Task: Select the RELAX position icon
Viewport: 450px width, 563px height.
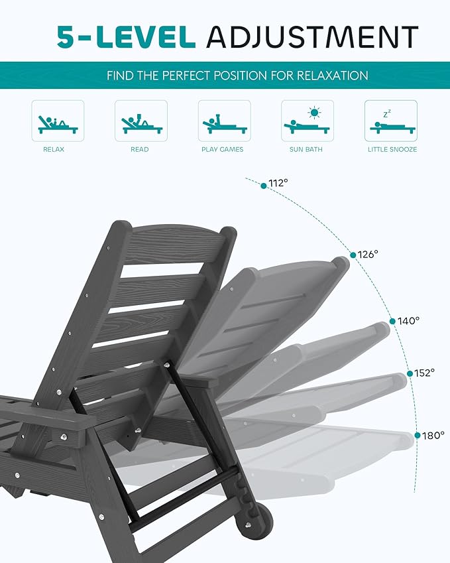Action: click(58, 121)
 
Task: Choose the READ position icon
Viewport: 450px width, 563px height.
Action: click(141, 121)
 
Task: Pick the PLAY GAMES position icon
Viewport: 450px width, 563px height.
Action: click(224, 121)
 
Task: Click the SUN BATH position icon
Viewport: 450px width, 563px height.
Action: click(307, 121)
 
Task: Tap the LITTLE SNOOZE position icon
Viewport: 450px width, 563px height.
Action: click(390, 121)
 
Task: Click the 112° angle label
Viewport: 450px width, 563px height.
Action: click(278, 184)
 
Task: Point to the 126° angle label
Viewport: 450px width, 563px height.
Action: click(368, 254)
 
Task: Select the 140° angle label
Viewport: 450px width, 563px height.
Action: click(409, 320)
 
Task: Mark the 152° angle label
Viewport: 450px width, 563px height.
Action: click(425, 373)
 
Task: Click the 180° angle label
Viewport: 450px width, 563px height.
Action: click(433, 436)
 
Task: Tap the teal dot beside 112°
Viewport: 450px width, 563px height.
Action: click(264, 186)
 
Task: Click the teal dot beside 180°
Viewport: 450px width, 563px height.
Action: click(418, 436)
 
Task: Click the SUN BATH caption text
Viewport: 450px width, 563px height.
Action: click(306, 150)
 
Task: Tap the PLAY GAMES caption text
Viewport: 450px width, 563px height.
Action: click(223, 150)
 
